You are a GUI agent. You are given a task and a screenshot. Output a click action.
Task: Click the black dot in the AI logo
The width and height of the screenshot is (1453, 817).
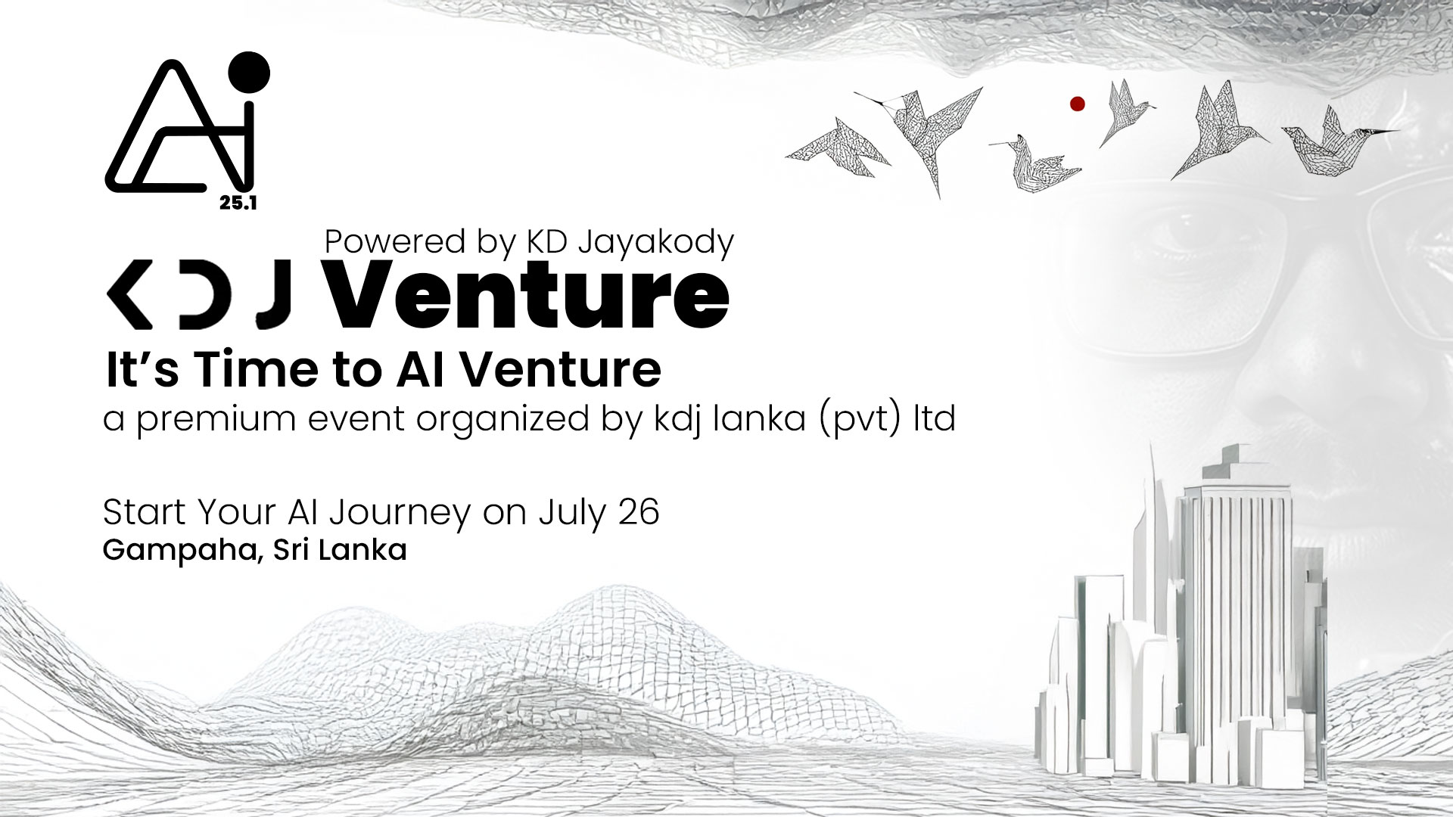[249, 74]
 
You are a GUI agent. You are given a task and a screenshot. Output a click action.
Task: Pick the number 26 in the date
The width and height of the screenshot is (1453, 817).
[638, 512]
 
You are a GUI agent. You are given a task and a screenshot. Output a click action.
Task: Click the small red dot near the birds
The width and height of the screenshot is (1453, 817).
[1078, 104]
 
